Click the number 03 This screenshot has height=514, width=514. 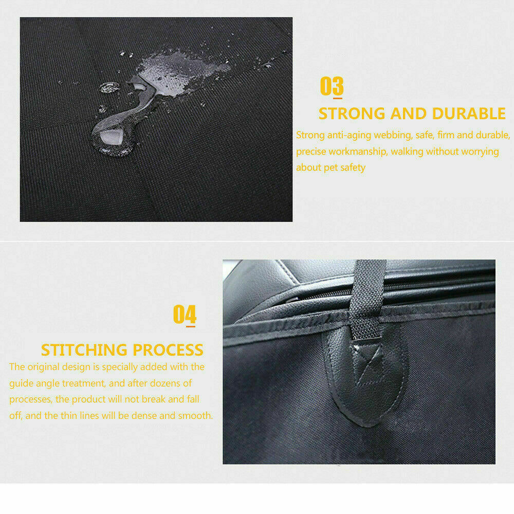[x=332, y=86]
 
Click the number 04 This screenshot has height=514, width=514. [x=185, y=314]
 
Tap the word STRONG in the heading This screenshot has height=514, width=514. [x=352, y=113]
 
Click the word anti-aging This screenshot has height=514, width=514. [x=350, y=135]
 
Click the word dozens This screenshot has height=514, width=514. [x=166, y=383]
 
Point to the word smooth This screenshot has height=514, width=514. [x=194, y=415]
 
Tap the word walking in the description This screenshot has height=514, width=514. [x=407, y=152]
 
